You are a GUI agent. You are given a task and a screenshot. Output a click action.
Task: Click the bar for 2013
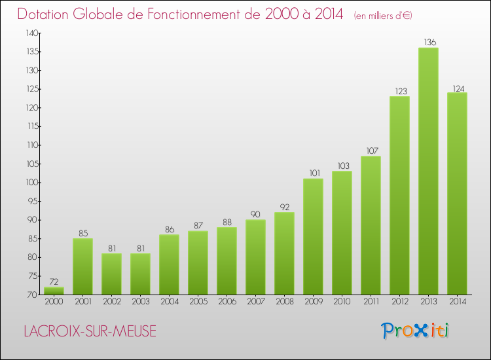(x=428, y=171)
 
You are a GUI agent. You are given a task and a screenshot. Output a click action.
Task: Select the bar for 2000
(x=54, y=291)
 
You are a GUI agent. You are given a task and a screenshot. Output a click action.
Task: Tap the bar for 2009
(x=313, y=236)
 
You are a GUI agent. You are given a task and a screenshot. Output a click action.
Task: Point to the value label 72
(x=54, y=282)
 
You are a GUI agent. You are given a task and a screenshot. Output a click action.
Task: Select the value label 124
(x=457, y=88)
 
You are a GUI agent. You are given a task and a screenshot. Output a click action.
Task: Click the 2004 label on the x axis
(x=169, y=301)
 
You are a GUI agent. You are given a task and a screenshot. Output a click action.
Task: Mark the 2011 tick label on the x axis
(x=371, y=301)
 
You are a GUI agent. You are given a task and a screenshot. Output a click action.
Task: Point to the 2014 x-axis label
(x=457, y=301)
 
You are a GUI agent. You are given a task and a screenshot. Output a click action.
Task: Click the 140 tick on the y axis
(x=31, y=33)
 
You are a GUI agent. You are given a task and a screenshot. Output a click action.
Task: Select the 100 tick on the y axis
(x=31, y=183)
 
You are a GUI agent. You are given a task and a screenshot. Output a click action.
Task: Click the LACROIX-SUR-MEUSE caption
(x=90, y=332)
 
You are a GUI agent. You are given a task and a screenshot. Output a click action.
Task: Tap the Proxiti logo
(x=414, y=331)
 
